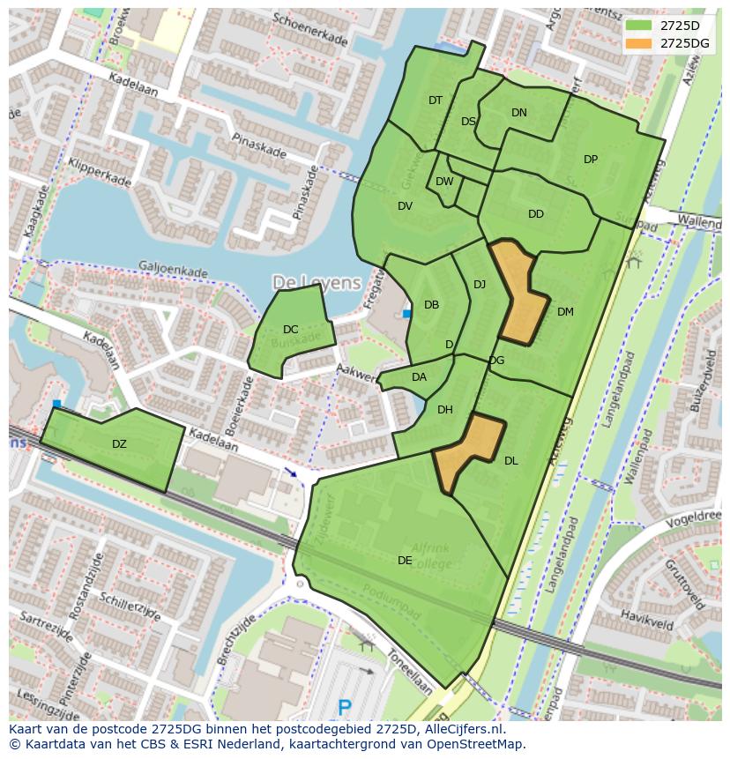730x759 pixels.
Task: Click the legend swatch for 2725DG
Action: (639, 42)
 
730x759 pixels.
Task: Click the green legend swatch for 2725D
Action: (639, 26)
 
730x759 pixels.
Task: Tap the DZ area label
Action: (119, 443)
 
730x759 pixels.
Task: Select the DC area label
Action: (290, 330)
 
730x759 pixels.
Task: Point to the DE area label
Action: (405, 560)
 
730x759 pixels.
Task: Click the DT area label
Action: (436, 100)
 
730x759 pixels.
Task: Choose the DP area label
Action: (591, 160)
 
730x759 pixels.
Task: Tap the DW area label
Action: (444, 182)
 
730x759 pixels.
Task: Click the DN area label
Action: (519, 112)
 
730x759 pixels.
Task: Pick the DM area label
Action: (565, 311)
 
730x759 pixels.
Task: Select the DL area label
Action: (511, 460)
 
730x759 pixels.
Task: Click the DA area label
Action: (419, 377)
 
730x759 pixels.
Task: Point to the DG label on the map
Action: (496, 360)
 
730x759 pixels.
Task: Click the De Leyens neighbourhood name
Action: (317, 282)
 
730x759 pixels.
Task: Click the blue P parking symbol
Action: (346, 707)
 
